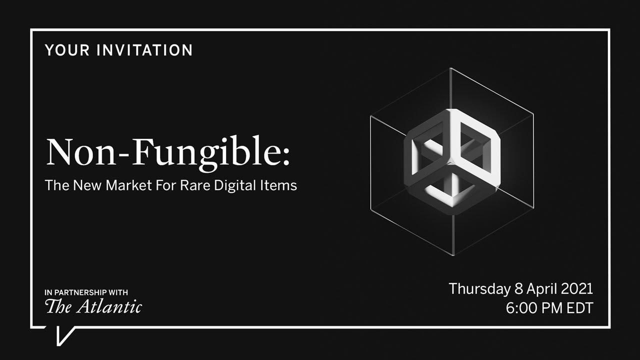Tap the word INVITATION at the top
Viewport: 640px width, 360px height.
pos(144,50)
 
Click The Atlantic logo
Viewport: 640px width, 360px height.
pos(93,306)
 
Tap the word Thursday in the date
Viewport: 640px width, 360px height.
pos(479,289)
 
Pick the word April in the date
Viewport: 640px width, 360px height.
pos(540,289)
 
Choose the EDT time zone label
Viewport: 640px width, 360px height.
pos(579,308)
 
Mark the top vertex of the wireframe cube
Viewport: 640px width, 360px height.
pos(450,68)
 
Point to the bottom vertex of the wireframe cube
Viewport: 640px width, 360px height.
pos(453,255)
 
